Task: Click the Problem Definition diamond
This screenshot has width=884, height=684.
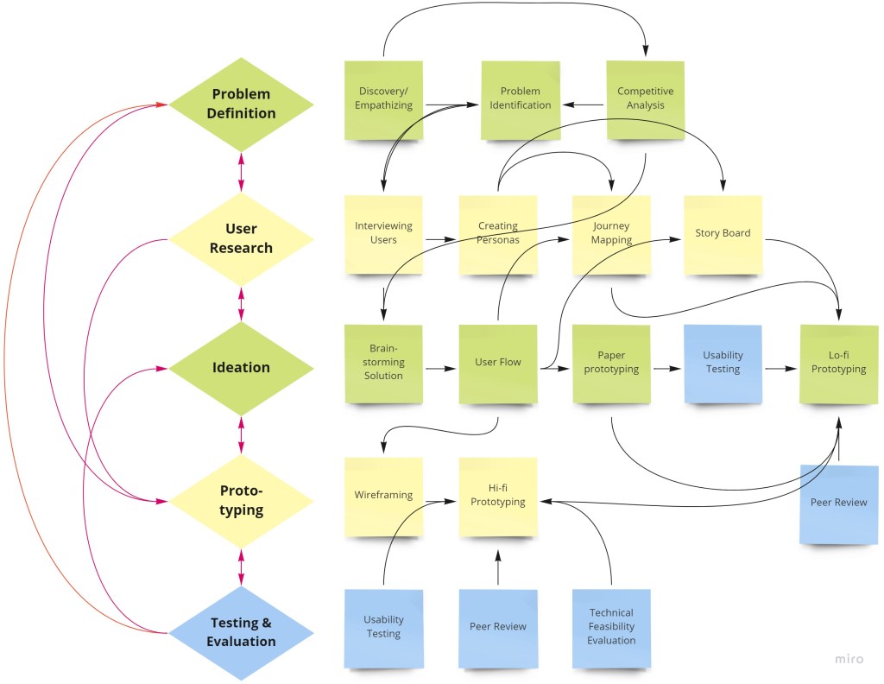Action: pos(241,104)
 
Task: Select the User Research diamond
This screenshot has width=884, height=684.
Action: pos(241,237)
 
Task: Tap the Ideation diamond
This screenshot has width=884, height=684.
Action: pos(241,367)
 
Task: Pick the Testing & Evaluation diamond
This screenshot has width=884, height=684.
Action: pos(241,631)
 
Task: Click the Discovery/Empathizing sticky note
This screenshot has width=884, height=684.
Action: pos(384,98)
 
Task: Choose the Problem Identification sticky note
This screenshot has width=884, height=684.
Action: pos(520,98)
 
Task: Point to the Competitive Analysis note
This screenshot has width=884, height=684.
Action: pos(645,98)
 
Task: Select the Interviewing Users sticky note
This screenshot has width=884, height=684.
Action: pos(383,233)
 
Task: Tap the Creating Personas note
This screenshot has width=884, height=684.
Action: pos(497,233)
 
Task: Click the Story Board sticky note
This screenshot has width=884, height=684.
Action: pos(723,233)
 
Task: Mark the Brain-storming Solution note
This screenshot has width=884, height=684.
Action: pos(383,364)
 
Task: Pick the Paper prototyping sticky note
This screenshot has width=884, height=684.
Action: pos(611,363)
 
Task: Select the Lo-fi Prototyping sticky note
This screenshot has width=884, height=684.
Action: pos(838,363)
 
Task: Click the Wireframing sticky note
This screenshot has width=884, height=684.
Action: pos(383,496)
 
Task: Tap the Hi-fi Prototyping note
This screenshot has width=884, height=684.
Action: pos(497,496)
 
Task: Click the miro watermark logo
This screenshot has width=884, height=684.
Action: pos(849,660)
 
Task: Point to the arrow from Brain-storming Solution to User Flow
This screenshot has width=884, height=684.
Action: pos(440,369)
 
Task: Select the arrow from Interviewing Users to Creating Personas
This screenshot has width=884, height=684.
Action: pos(440,238)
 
